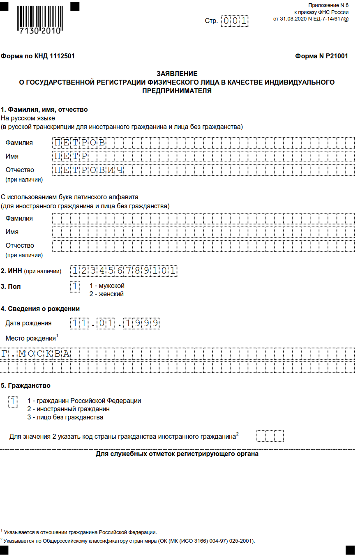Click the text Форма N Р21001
321,56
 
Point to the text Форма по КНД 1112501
38,56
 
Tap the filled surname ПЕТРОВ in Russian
80,143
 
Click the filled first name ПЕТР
71,157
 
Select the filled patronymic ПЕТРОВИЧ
89,170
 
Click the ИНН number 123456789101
124,271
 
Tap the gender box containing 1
75,286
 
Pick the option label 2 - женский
106,294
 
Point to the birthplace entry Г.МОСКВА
35,354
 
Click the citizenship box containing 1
13,401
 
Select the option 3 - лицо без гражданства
65,417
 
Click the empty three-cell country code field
270,436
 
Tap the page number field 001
235,21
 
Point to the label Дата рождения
28,323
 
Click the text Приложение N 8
328,5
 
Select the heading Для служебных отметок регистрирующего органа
177,454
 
